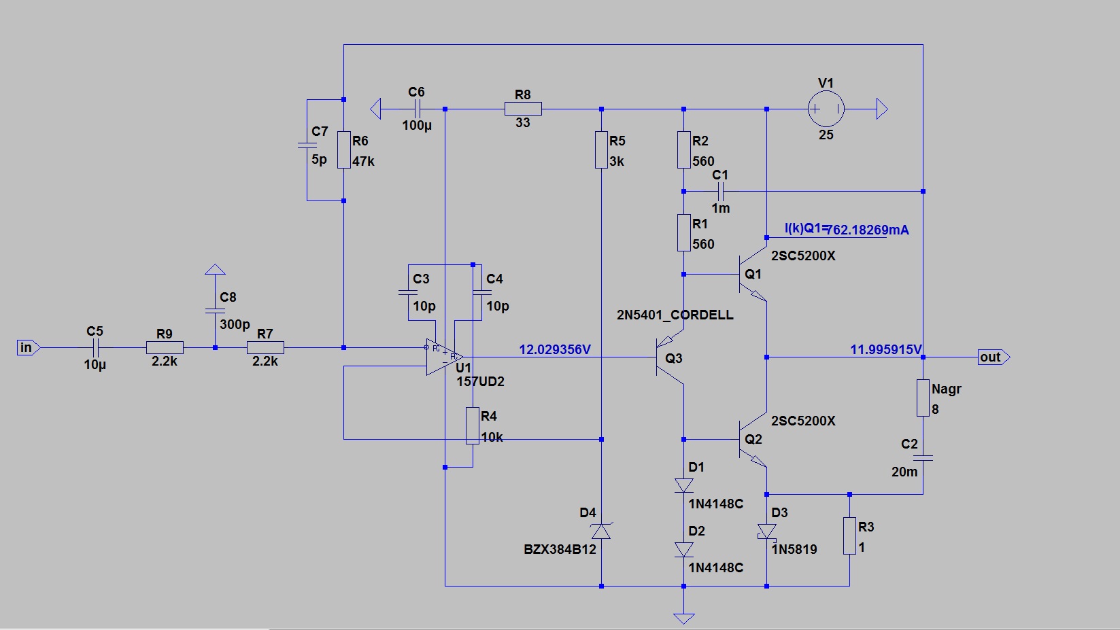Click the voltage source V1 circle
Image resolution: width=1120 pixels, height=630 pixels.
[826, 109]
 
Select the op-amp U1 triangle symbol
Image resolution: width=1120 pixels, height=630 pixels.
[443, 357]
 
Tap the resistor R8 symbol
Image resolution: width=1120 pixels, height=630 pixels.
[523, 109]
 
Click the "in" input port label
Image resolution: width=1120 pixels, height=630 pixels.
[27, 348]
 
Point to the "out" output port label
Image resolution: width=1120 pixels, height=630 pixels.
[991, 357]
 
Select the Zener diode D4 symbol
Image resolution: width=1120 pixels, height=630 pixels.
[601, 531]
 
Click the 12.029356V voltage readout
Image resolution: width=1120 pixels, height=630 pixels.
[555, 349]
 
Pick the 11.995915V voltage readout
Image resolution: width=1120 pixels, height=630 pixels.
[885, 349]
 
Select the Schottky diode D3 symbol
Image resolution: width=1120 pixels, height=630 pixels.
[766, 531]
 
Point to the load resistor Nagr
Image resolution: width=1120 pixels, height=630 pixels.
[923, 398]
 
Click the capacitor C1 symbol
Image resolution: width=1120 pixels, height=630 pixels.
[721, 192]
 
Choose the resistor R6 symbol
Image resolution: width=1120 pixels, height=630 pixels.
[344, 150]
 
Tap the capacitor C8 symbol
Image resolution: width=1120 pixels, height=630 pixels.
[215, 311]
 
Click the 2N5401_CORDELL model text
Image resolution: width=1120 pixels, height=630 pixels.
[675, 315]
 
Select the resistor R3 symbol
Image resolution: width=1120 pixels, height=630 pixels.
[849, 536]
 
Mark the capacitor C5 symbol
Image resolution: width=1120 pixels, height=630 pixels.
[95, 348]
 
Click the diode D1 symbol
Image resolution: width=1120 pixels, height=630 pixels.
[683, 485]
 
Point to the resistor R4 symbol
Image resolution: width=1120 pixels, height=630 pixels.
[473, 426]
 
